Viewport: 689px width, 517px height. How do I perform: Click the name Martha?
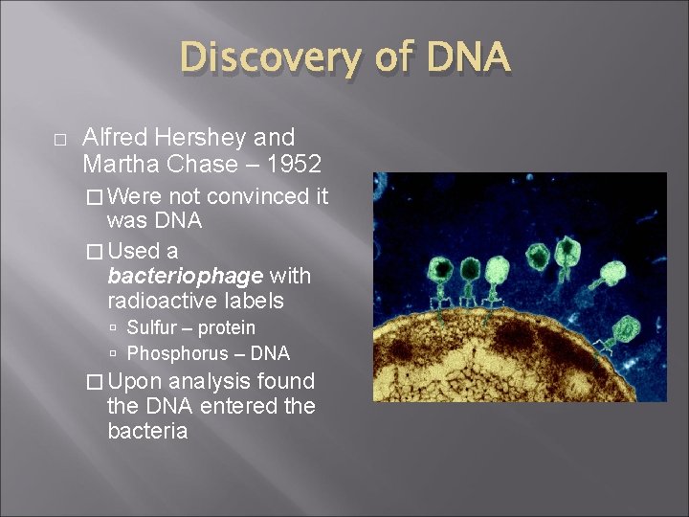click(117, 165)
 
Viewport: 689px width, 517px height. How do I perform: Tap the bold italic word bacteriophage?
click(185, 277)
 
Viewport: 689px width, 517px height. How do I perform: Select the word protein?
click(228, 328)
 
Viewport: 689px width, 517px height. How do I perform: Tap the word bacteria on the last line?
click(147, 432)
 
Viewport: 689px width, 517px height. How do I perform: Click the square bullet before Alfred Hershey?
click(59, 140)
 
